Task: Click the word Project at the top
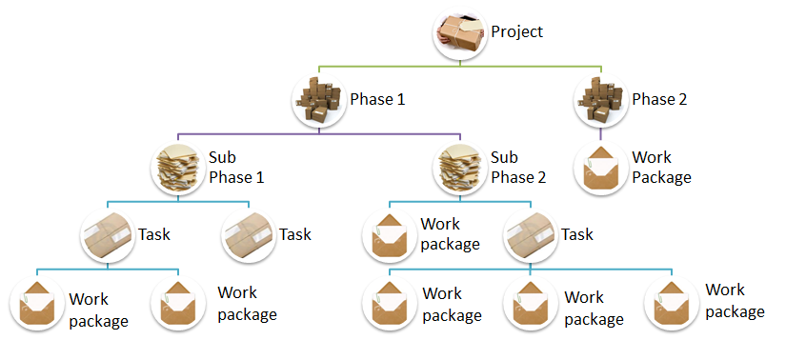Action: [516, 31]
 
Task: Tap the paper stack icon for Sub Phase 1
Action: [177, 169]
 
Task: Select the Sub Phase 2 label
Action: [517, 168]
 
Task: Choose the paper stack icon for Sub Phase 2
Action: [460, 169]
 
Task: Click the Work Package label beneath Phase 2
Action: [660, 168]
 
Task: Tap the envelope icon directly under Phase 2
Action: [602, 169]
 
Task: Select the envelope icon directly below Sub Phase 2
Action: [390, 235]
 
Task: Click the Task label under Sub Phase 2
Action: [577, 234]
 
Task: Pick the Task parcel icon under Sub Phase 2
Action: [530, 235]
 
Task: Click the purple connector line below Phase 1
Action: [319, 134]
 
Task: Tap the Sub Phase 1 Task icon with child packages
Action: [107, 235]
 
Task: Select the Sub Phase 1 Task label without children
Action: [294, 234]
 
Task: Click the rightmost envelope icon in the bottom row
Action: [673, 302]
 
